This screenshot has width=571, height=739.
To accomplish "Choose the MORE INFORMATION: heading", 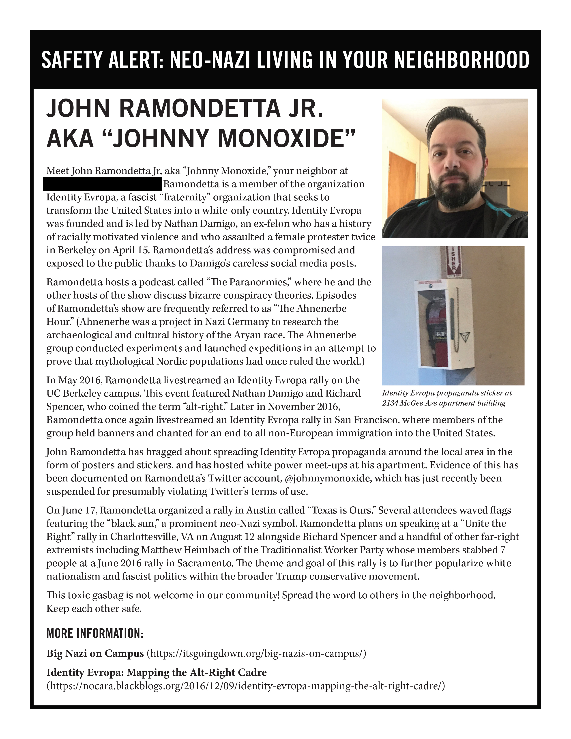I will pyautogui.click(x=95, y=634).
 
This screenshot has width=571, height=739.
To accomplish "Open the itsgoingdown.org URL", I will pyautogui.click(x=257, y=653).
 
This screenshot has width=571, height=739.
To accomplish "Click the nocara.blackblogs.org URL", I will pyautogui.click(x=245, y=686).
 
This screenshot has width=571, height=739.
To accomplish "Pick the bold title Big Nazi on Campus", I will pyautogui.click(x=95, y=653).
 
